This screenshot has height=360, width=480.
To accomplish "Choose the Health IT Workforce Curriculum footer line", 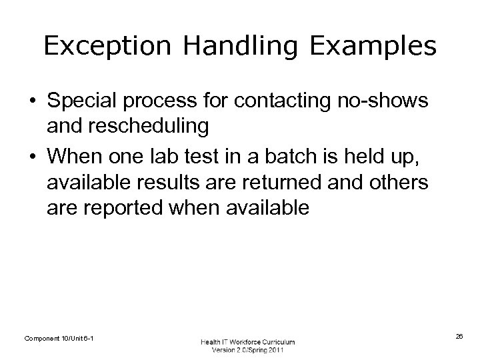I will [x=248, y=341].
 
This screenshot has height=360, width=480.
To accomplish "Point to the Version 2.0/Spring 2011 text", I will [x=248, y=350].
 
